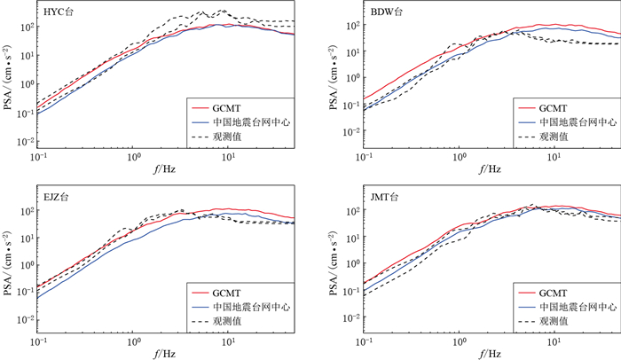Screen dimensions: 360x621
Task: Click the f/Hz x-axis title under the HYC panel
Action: pyautogui.click(x=174, y=171)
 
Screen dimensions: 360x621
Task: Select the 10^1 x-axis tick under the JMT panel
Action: pyautogui.click(x=554, y=340)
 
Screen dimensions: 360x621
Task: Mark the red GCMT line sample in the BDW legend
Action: pyautogui.click(x=527, y=106)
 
